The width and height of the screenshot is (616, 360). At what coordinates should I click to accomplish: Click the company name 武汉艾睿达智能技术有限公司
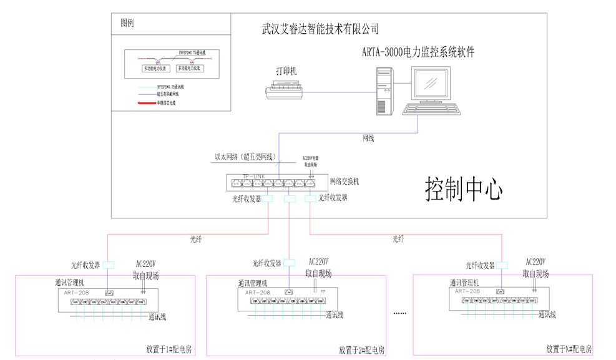320,29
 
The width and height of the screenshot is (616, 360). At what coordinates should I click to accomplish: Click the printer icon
285,92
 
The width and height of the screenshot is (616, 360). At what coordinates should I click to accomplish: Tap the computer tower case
384,90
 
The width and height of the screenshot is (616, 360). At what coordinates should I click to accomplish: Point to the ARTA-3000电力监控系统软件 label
418,52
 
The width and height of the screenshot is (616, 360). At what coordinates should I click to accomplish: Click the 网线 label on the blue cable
368,137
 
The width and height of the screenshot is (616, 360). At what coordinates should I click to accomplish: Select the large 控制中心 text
464,189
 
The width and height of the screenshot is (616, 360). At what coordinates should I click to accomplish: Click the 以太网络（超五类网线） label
242,157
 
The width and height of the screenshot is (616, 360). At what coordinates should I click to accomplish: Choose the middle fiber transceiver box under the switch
290,199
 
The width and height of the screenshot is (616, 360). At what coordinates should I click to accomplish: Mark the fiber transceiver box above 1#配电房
109,264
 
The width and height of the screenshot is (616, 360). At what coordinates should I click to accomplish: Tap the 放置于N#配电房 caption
569,349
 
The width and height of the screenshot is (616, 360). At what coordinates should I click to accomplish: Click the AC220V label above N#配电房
535,262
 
